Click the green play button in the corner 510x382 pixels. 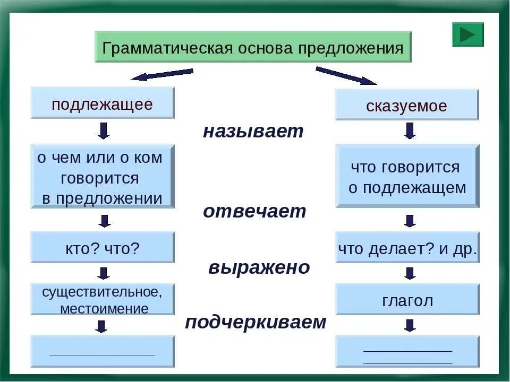pyautogui.click(x=467, y=34)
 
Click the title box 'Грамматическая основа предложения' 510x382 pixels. pyautogui.click(x=253, y=48)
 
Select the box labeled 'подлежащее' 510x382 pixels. pyautogui.click(x=103, y=103)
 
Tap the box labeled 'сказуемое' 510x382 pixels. pyautogui.click(x=406, y=105)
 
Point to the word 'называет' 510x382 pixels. pyautogui.click(x=253, y=132)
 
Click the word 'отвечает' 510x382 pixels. pyautogui.click(x=254, y=211)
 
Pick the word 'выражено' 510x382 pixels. pyautogui.click(x=259, y=267)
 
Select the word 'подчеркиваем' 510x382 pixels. pyautogui.click(x=256, y=322)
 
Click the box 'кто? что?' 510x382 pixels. pyautogui.click(x=103, y=247)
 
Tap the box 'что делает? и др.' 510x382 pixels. pyautogui.click(x=407, y=248)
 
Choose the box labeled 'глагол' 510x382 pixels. pyautogui.click(x=407, y=300)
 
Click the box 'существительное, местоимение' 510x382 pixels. pyautogui.click(x=103, y=300)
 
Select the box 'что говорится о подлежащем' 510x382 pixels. pyautogui.click(x=407, y=177)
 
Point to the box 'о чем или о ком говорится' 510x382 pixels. pyautogui.click(x=103, y=177)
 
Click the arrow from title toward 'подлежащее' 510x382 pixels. pyautogui.click(x=161, y=74)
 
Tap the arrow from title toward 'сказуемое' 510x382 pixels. pyautogui.click(x=346, y=76)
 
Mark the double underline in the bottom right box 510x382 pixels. pyautogui.click(x=407, y=355)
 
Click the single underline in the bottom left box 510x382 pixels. pyautogui.click(x=103, y=354)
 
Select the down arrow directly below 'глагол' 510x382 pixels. pyautogui.click(x=409, y=325)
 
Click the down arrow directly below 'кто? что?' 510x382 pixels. pyautogui.click(x=104, y=273)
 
